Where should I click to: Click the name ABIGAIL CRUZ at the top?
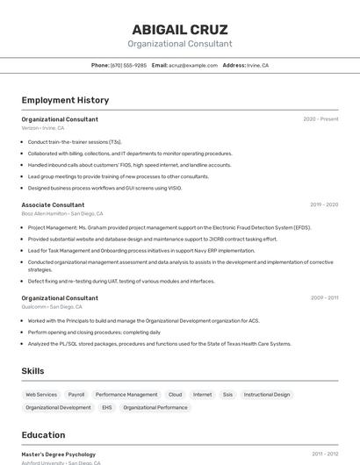pyautogui.click(x=180, y=29)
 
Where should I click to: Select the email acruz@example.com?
pyautogui.click(x=192, y=65)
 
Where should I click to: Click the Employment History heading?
pyautogui.click(x=65, y=100)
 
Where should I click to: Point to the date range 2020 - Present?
pyautogui.click(x=320, y=119)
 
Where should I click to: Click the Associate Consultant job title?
pyautogui.click(x=53, y=204)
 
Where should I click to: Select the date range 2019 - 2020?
pyautogui.click(x=324, y=204)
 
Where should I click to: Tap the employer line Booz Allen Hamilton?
pyautogui.click(x=62, y=213)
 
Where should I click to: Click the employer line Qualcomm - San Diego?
pyautogui.click(x=53, y=307)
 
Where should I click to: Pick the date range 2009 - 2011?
pyautogui.click(x=324, y=298)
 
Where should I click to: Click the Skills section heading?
pyautogui.click(x=32, y=371)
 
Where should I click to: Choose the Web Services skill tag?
pyautogui.click(x=41, y=395)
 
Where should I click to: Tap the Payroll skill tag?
pyautogui.click(x=76, y=395)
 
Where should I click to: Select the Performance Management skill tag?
pyautogui.click(x=126, y=395)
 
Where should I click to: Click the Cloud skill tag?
pyautogui.click(x=176, y=395)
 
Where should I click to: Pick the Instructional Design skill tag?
pyautogui.click(x=267, y=395)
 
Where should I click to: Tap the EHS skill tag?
pyautogui.click(x=107, y=407)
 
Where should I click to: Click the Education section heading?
pyautogui.click(x=43, y=435)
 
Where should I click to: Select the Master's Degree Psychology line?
pyautogui.click(x=59, y=454)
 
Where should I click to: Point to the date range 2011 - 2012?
pyautogui.click(x=325, y=454)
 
